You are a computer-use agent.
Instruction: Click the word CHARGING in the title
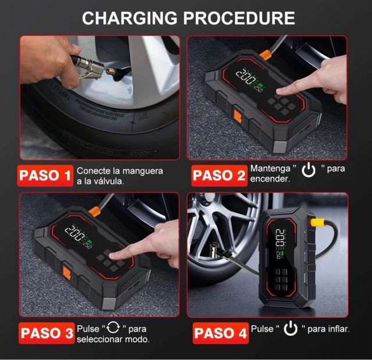pos(130,18)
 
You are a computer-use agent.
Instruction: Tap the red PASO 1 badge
pos(45,176)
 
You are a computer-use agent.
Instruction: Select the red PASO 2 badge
pos(219,176)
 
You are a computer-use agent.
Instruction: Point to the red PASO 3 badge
pos(46,333)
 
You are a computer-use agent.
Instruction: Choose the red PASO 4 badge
pos(221,333)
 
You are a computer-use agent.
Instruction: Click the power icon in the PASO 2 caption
pos(309,170)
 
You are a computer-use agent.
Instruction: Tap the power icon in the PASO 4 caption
pos(291,328)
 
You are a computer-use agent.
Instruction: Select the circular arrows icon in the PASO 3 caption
pos(113,327)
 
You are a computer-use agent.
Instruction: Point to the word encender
pos(270,179)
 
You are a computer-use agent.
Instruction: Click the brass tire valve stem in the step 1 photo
pos(111,71)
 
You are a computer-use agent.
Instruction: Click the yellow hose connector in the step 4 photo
pos(318,223)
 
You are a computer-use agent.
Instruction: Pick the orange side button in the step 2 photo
pos(238,117)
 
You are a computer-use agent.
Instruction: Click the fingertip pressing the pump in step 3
pos(113,255)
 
